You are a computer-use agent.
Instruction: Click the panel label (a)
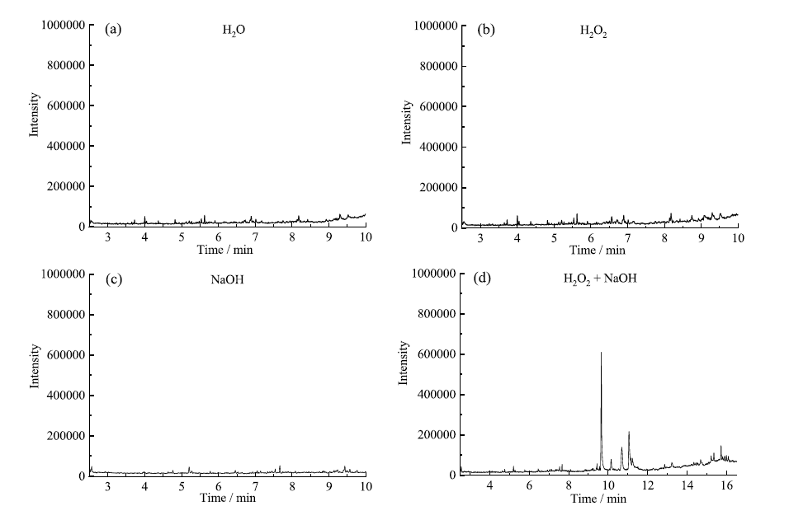coord(114,30)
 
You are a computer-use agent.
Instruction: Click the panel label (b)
coord(487,30)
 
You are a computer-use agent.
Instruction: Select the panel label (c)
coord(114,279)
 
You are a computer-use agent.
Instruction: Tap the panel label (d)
coord(481,279)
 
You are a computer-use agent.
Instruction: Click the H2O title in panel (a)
coord(234,30)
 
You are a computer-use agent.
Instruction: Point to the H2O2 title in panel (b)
coord(594,31)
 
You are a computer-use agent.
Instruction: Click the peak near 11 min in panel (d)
coord(629,432)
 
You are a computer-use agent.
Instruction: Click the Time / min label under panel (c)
coord(227,498)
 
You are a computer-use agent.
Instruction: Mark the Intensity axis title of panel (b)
coord(407,122)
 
